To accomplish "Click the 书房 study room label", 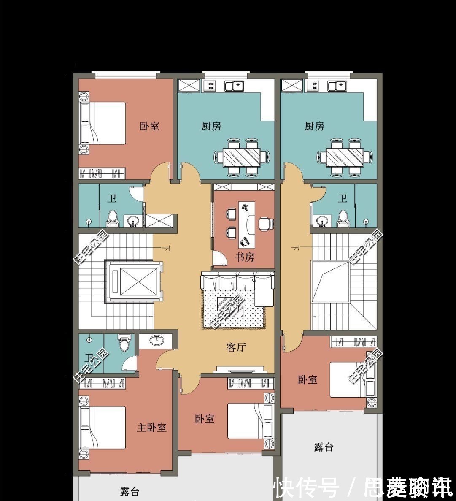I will [x=244, y=257].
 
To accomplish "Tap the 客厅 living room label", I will [x=236, y=347].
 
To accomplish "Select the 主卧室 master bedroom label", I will [x=151, y=427].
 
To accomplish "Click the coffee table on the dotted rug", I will [x=230, y=306].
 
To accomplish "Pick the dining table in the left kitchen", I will [x=242, y=157].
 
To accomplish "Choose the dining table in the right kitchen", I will [x=345, y=157].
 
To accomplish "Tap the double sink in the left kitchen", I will [x=234, y=87].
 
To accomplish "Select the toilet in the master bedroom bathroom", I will [x=124, y=343].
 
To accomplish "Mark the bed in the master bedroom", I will [x=103, y=427].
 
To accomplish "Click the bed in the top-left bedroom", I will [x=103, y=123].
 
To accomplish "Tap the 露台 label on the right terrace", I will [x=324, y=447].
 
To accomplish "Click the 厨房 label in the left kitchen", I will [x=211, y=126].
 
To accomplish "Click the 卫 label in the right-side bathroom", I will [x=343, y=198].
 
